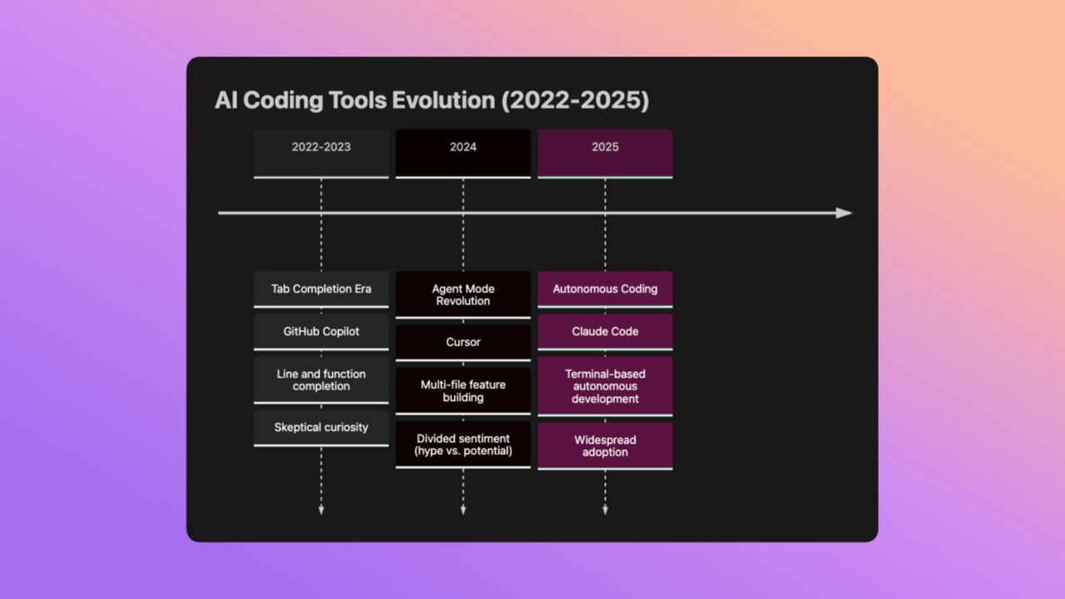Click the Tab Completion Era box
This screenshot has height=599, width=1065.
pos(321,289)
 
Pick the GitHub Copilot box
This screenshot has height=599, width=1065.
pos(321,331)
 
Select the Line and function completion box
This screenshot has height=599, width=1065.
pos(321,380)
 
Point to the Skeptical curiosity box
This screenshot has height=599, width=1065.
pos(321,427)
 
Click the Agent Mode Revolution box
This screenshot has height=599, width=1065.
pos(463,295)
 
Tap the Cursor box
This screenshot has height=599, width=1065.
pos(463,342)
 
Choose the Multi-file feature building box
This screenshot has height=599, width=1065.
pos(463,391)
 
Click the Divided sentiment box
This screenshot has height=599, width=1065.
pos(463,444)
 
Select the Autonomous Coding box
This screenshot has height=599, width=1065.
pos(605,289)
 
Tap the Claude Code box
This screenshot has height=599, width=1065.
pos(605,331)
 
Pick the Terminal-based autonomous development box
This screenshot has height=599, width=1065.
pos(605,386)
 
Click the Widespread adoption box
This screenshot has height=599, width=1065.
pos(605,446)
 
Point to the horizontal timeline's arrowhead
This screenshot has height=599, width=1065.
pos(845,213)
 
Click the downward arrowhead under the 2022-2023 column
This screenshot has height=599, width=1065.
pos(321,510)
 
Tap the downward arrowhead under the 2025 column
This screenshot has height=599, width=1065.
pos(605,510)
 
